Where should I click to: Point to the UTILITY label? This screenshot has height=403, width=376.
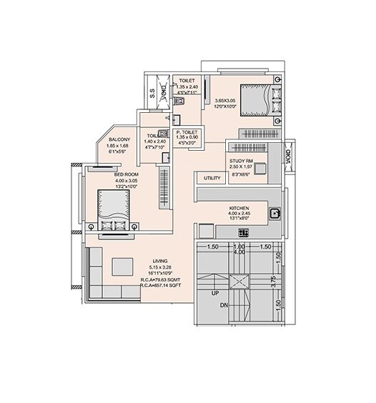(212, 178)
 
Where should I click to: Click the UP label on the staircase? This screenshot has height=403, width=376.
(214, 293)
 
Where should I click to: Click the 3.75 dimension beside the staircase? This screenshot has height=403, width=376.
(274, 281)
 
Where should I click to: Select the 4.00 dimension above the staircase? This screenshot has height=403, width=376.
(240, 252)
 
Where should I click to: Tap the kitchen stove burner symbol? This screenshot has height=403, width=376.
(242, 232)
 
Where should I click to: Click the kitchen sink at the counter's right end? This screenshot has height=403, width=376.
(274, 212)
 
